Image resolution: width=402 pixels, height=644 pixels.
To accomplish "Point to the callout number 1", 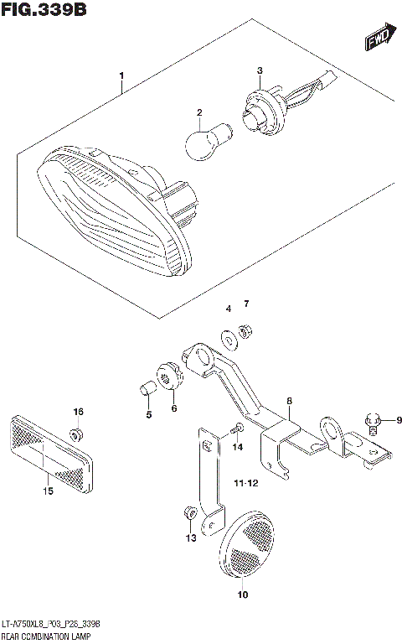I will point(122,81).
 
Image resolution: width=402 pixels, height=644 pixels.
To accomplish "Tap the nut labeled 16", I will point(76,434).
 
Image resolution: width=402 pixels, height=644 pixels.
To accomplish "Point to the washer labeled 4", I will point(229,339).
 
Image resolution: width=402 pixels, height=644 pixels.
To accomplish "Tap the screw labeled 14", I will point(237,428).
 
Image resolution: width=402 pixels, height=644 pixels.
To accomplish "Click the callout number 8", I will point(288,402).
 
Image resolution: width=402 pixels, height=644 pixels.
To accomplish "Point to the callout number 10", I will point(244,596).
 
